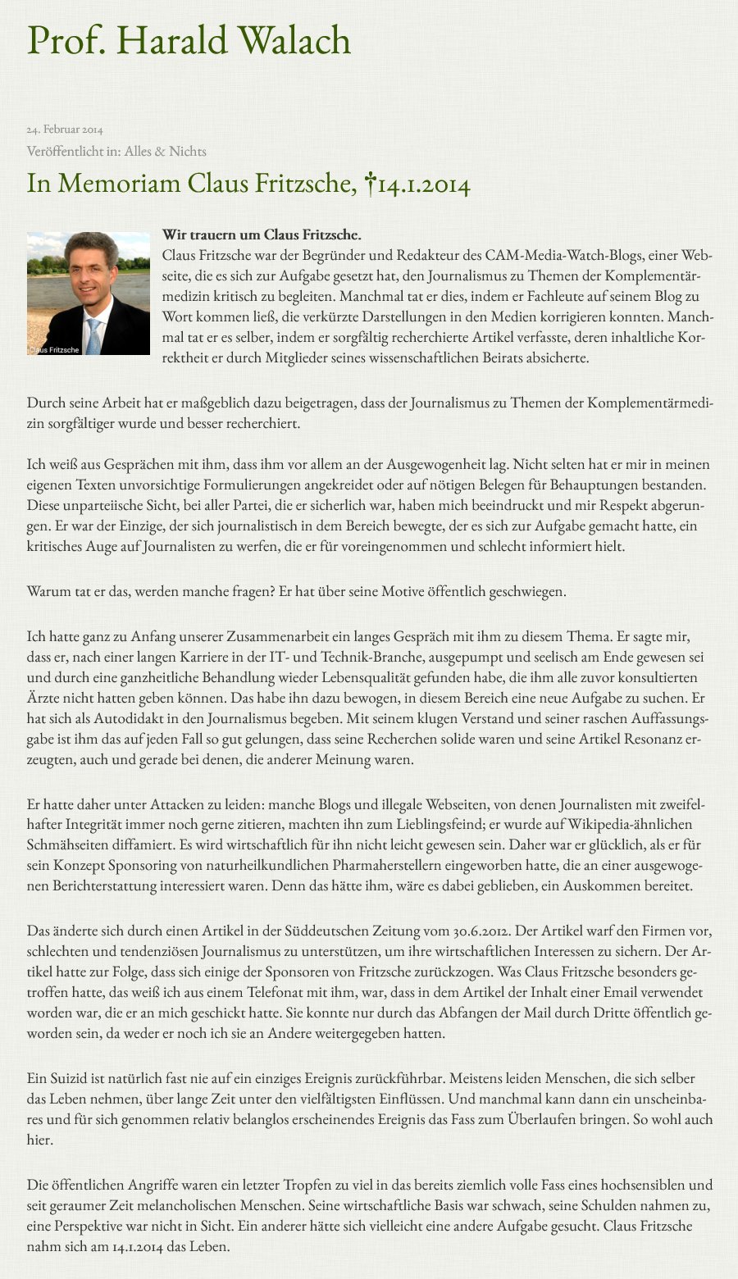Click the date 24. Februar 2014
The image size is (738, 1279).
[x=65, y=130]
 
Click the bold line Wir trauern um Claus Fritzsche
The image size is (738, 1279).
[x=262, y=235]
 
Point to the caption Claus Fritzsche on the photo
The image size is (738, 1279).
[x=54, y=350]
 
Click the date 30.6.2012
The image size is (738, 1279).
[x=482, y=931]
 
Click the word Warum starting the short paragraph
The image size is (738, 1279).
[x=48, y=591]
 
